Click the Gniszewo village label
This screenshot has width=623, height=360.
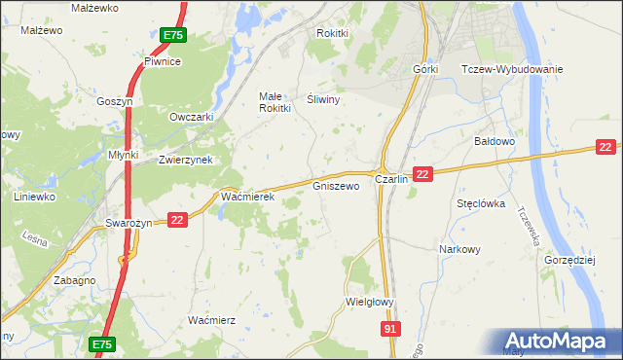pyautogui.click(x=336, y=185)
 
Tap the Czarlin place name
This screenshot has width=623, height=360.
pyautogui.click(x=391, y=181)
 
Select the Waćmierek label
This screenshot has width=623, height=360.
pyautogui.click(x=248, y=198)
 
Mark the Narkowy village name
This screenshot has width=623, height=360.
pyautogui.click(x=459, y=249)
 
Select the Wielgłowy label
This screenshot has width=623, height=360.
pyautogui.click(x=370, y=302)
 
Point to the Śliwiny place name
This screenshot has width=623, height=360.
pyautogui.click(x=321, y=99)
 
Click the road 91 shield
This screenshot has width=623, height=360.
pyautogui.click(x=389, y=331)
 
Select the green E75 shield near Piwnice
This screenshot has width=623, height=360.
pyautogui.click(x=173, y=35)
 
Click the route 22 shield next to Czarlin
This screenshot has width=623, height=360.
pyautogui.click(x=421, y=173)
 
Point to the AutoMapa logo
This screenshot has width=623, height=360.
pyautogui.click(x=562, y=342)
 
